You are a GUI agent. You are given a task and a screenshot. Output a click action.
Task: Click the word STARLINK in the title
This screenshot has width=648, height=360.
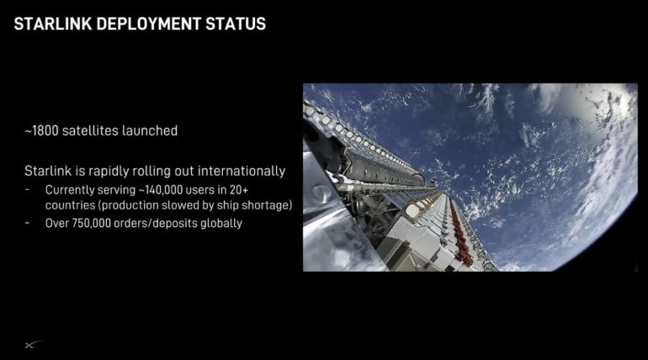click(x=52, y=24)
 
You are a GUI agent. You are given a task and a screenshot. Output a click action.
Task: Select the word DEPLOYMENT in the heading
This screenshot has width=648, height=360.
click(x=145, y=24)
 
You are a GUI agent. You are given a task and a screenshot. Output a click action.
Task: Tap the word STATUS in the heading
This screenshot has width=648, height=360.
click(x=234, y=24)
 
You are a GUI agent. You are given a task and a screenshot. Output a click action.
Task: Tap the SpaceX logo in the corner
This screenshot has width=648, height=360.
click(x=30, y=344)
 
